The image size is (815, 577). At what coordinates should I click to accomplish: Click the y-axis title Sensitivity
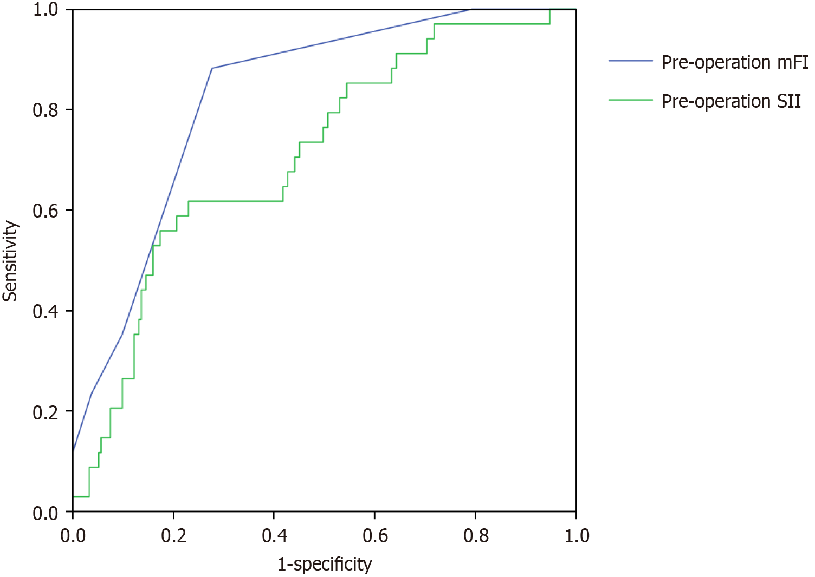(x=10, y=260)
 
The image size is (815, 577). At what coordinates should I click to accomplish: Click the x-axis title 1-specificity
(x=325, y=565)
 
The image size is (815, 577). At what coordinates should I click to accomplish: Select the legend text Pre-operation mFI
(x=734, y=62)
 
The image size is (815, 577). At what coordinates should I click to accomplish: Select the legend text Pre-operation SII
(x=730, y=101)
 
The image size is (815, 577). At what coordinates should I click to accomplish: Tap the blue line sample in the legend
(x=630, y=61)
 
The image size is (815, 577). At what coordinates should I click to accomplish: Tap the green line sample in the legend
(x=630, y=100)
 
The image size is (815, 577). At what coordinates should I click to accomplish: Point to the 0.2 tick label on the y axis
(x=46, y=412)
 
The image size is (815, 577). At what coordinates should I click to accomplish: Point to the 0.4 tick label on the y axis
(x=46, y=312)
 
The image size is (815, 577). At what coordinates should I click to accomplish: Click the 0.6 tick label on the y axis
(x=46, y=211)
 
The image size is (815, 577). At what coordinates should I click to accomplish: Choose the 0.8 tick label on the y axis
(x=46, y=110)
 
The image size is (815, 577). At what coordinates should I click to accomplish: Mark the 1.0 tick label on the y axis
(x=46, y=10)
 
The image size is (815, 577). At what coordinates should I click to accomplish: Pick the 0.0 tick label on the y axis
(x=46, y=512)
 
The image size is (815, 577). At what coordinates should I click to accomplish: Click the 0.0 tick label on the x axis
(x=73, y=536)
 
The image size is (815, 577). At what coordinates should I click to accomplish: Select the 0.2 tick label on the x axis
(x=173, y=536)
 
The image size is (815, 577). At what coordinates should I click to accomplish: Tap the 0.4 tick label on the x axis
(x=274, y=536)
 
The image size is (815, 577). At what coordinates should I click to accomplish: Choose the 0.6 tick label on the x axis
(x=375, y=536)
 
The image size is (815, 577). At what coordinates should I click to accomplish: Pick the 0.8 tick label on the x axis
(x=476, y=536)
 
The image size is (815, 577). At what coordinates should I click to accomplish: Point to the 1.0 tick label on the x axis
(x=577, y=536)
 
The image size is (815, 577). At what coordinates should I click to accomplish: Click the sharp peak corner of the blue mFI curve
(x=212, y=68)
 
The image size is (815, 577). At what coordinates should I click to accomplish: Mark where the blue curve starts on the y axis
(x=73, y=450)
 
